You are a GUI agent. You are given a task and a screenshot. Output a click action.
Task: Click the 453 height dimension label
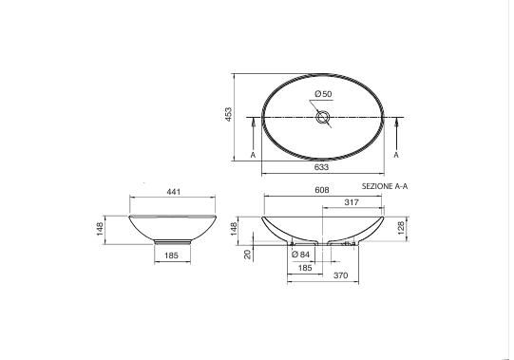[x=228, y=114]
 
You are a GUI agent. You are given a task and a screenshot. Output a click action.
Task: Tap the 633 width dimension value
[x=321, y=167]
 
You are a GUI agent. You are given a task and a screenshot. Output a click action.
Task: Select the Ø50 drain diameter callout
[x=323, y=94]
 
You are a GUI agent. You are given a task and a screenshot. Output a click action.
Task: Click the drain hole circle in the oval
[x=323, y=117]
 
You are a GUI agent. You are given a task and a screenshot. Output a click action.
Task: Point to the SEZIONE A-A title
[x=385, y=186]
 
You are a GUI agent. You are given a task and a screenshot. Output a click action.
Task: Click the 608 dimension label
[x=322, y=190]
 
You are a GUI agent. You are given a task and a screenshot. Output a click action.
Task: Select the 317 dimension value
[x=352, y=202]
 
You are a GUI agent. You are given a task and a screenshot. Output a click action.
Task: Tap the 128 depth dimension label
[x=401, y=228]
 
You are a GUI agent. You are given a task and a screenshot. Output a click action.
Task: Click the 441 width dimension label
[x=174, y=192]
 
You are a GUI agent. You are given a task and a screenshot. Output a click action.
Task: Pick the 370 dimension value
[x=340, y=275]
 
